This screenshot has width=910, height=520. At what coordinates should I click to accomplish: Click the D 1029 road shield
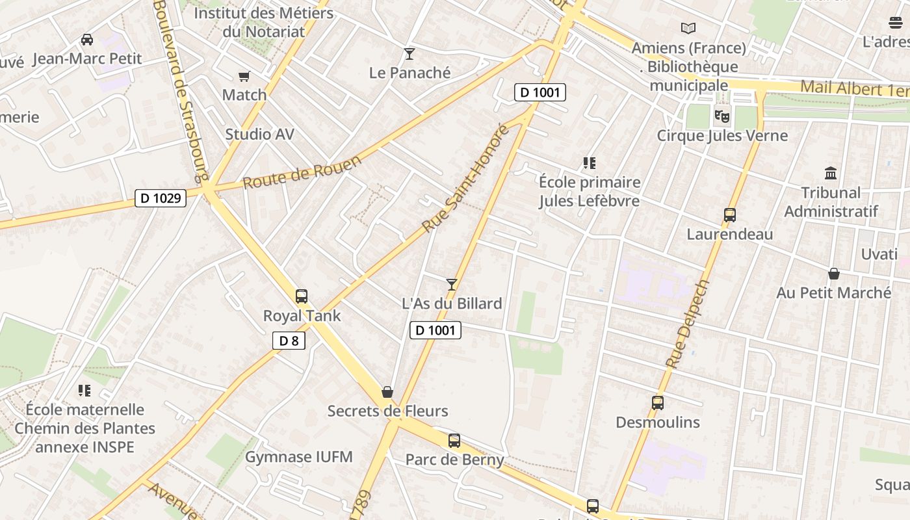tap(161, 198)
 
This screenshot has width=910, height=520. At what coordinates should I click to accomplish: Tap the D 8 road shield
tap(289, 341)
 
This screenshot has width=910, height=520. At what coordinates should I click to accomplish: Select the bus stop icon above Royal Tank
tap(302, 296)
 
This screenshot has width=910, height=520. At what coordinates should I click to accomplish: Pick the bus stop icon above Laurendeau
tap(730, 215)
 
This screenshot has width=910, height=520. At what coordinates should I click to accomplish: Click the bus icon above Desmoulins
tap(658, 403)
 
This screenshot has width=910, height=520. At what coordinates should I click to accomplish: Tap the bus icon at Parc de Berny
tap(454, 441)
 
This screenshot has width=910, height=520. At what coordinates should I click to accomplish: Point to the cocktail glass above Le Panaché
tap(409, 53)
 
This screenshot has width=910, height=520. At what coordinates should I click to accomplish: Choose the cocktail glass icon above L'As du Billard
tap(452, 284)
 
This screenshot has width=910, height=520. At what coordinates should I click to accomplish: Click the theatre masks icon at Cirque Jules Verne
tap(721, 116)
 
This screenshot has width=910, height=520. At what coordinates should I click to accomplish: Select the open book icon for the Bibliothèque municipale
tap(688, 29)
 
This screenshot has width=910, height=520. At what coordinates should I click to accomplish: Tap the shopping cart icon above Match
tap(244, 77)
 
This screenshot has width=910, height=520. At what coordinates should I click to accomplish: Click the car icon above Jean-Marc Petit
tap(87, 40)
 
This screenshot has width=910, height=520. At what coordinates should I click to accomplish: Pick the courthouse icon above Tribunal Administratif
tap(831, 173)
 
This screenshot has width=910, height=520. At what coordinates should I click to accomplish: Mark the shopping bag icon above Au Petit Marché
tap(834, 274)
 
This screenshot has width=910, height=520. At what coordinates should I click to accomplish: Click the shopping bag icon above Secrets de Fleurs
tap(387, 392)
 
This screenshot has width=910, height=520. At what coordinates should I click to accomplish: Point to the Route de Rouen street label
tap(302, 172)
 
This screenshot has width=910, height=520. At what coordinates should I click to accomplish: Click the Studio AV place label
tap(259, 135)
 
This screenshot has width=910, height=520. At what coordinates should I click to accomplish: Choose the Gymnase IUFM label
tap(299, 457)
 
